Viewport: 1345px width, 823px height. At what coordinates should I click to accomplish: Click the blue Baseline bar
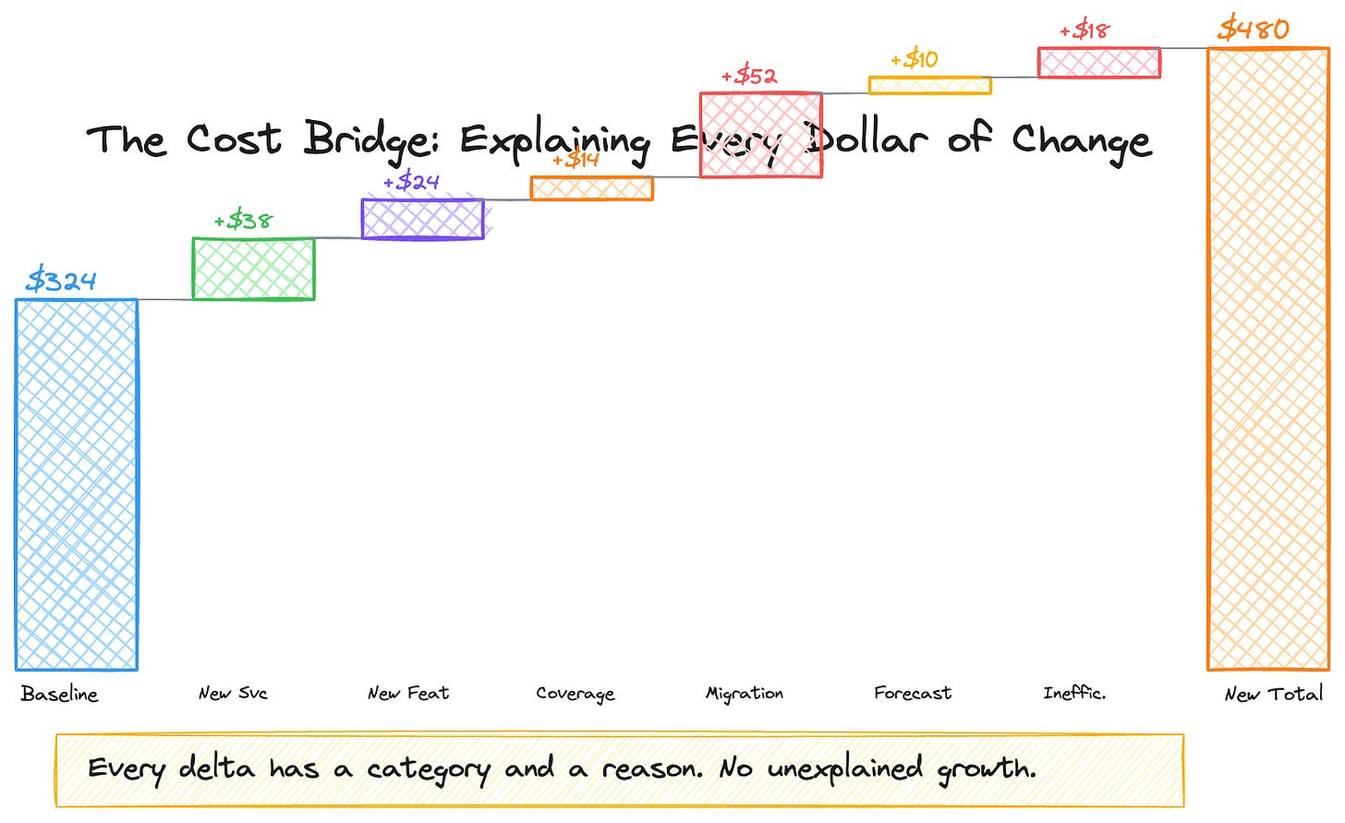coord(77,484)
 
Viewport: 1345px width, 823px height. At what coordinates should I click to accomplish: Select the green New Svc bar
coord(253,269)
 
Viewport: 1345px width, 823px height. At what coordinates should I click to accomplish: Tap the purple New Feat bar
coord(422,219)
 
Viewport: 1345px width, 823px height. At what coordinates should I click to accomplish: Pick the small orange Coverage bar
coord(591,188)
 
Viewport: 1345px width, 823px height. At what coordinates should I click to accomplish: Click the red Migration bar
coord(760,135)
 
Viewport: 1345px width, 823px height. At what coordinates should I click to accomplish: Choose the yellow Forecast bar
coord(929,85)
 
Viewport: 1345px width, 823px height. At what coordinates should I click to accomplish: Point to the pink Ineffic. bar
coord(1098,63)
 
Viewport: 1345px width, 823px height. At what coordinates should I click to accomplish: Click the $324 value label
coord(61,280)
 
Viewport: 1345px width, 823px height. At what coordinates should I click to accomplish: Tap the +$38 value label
coord(244,221)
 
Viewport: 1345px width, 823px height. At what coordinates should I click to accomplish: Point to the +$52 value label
coord(749,76)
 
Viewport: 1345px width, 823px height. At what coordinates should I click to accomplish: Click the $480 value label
coord(1254,30)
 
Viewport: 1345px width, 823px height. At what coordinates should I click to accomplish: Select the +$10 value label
coord(915,60)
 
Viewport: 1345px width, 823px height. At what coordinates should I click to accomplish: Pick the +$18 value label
coord(1084,30)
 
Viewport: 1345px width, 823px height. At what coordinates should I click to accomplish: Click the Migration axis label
coord(745,694)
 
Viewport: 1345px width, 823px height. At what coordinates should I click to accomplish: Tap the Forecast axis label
coord(913,693)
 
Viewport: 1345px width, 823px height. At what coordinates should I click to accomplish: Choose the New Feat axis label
coord(408,693)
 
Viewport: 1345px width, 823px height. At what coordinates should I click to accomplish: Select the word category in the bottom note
coord(429,769)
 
